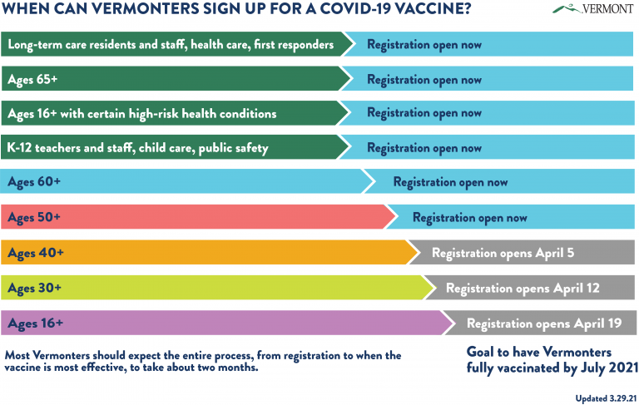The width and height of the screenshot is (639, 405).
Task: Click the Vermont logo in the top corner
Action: pyautogui.click(x=593, y=8)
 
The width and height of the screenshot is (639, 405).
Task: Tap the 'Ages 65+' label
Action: pyautogui.click(x=32, y=80)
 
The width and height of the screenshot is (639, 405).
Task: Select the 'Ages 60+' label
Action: pyautogui.click(x=34, y=182)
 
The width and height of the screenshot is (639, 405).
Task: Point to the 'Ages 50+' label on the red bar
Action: pyautogui.click(x=34, y=217)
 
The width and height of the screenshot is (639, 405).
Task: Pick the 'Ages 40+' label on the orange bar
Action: pyautogui.click(x=36, y=253)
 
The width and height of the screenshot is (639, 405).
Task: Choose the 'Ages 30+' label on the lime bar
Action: pyautogui.click(x=35, y=289)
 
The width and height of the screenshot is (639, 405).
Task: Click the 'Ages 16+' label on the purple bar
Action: pyautogui.click(x=36, y=324)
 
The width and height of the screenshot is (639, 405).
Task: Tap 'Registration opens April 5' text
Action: pyautogui.click(x=503, y=254)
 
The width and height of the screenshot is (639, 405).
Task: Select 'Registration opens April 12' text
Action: pyautogui.click(x=523, y=289)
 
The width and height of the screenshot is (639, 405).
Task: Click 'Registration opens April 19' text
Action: pyautogui.click(x=544, y=324)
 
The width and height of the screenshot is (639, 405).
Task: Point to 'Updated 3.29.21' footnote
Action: pyautogui.click(x=606, y=398)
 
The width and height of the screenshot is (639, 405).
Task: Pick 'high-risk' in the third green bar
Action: pyautogui.click(x=154, y=114)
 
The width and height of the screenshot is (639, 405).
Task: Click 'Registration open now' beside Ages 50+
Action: pyautogui.click(x=470, y=218)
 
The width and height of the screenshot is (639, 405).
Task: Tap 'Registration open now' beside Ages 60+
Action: pyautogui.click(x=450, y=182)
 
